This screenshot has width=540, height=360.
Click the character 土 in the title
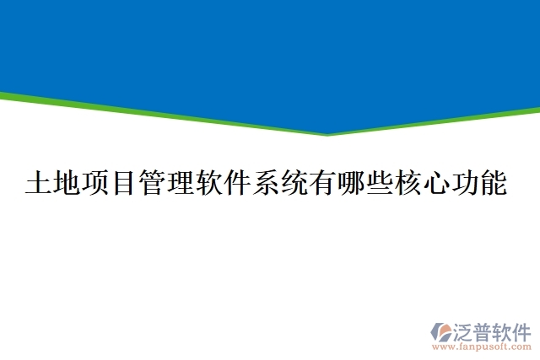click(40, 184)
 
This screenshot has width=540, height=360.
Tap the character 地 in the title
click(68, 184)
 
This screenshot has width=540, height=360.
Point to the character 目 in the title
click(125, 184)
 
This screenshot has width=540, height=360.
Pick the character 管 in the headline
click(154, 184)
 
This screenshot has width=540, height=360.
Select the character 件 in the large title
click(239, 184)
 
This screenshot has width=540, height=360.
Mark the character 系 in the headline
click(267, 184)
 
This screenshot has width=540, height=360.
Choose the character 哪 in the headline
click(353, 184)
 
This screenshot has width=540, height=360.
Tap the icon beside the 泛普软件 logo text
click(442, 331)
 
